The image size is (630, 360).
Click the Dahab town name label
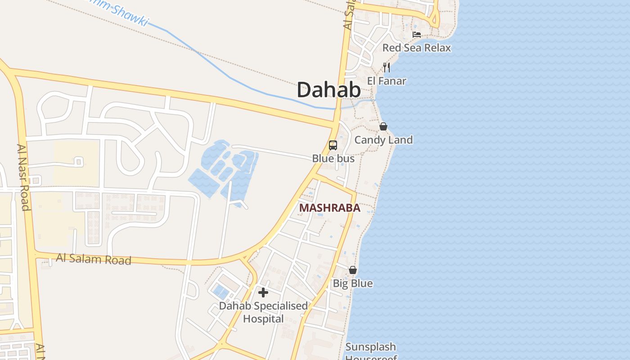[x=328, y=90]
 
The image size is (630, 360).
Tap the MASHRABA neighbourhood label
[x=329, y=208]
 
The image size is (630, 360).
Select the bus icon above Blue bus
[x=333, y=145]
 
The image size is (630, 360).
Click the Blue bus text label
[x=333, y=158]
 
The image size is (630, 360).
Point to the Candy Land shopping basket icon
[x=383, y=126]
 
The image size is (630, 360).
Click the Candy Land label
[x=383, y=140]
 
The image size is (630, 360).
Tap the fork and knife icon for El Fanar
[x=387, y=67]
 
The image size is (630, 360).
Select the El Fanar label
[x=387, y=81]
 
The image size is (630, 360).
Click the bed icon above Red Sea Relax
[x=417, y=34]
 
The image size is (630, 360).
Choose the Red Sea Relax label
[x=416, y=48]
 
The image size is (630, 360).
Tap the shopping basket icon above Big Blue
[x=353, y=270]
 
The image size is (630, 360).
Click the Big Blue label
[x=353, y=283]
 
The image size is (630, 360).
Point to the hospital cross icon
[x=263, y=293]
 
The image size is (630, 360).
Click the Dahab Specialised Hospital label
[x=263, y=312]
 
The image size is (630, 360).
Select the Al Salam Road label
[x=94, y=259]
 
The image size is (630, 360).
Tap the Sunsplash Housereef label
[x=371, y=351]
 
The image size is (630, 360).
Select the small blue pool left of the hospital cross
[x=220, y=292]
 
